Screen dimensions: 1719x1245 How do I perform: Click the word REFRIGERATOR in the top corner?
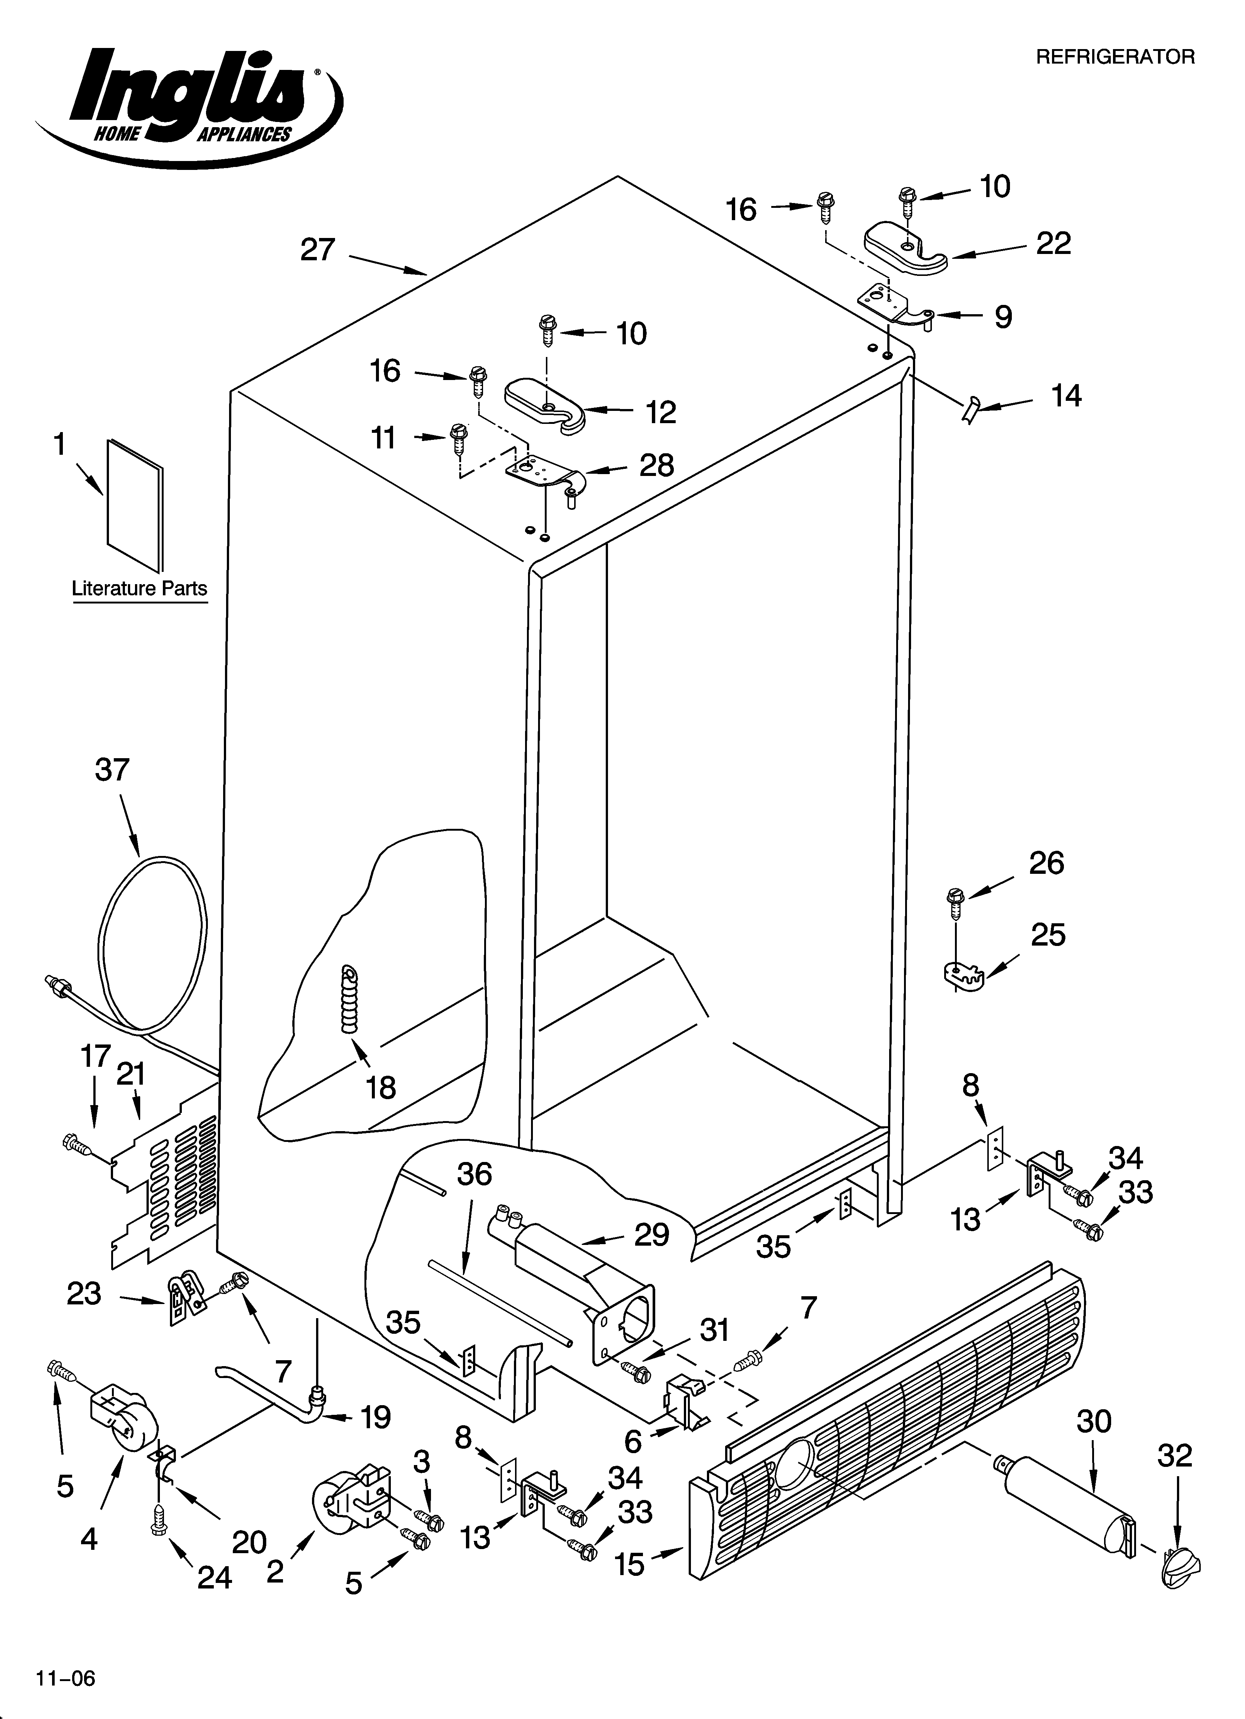coord(1114,57)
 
